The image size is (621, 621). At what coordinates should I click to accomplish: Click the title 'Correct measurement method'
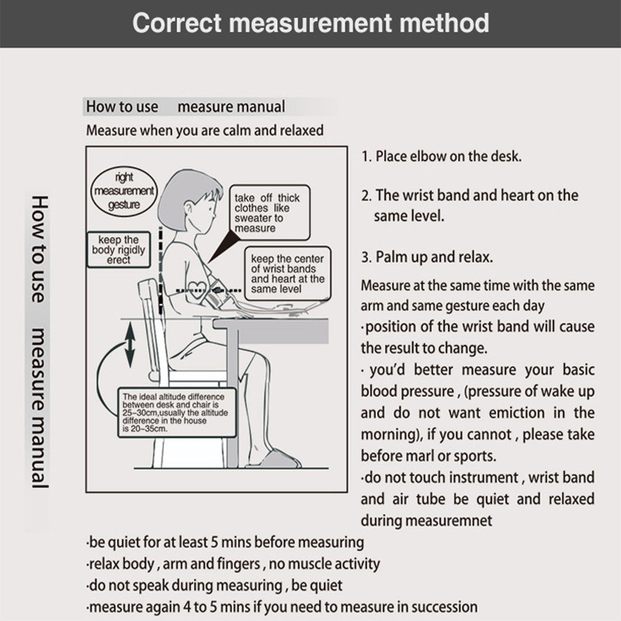310,23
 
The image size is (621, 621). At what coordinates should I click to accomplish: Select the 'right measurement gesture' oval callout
124,191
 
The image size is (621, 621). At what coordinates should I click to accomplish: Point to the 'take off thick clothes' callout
267,213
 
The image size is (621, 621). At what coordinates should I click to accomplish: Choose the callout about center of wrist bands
287,273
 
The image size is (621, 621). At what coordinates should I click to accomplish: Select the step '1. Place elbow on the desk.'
442,156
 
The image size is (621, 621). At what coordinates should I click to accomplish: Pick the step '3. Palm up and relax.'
435,257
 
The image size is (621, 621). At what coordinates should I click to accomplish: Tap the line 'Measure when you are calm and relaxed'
205,131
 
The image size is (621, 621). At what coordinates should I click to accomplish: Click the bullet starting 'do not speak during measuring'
214,585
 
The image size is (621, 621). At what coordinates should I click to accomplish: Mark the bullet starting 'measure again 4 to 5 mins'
282,607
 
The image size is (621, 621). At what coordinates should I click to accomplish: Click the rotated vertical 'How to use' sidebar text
39,248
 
